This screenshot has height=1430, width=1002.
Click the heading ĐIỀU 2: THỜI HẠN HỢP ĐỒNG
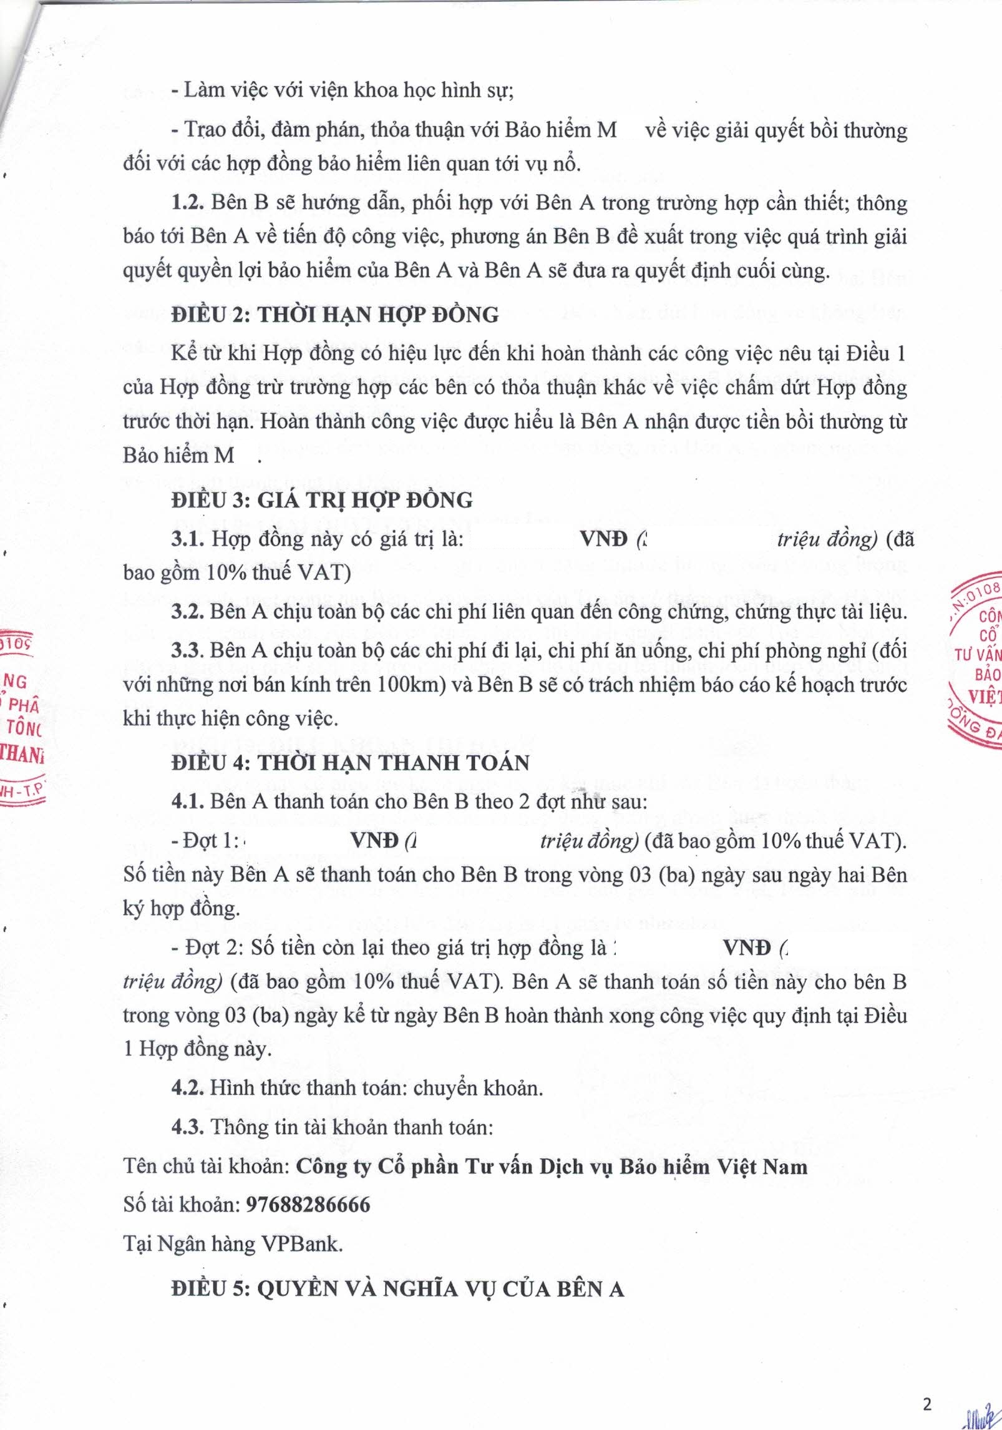335,315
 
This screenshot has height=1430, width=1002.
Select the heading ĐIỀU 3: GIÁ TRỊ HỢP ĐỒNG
322,500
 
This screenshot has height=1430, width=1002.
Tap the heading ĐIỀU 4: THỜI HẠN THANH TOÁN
350,763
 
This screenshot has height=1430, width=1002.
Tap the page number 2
927,1402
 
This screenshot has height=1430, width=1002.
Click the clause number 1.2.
187,203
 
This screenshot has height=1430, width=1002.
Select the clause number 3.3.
187,650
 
